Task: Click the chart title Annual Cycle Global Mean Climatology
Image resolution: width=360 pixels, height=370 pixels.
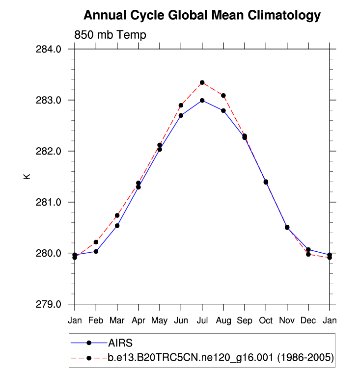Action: [202, 16]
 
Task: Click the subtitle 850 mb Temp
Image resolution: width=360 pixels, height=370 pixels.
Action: [110, 35]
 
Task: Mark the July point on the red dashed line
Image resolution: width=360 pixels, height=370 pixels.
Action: [202, 82]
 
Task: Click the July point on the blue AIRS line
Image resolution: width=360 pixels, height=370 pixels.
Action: [202, 100]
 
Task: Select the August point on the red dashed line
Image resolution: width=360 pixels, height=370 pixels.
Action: [223, 95]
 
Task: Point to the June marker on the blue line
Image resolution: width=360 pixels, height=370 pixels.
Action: [181, 115]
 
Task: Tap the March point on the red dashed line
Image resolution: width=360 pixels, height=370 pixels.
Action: [117, 215]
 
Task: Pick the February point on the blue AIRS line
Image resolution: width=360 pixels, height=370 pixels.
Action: [96, 251]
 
